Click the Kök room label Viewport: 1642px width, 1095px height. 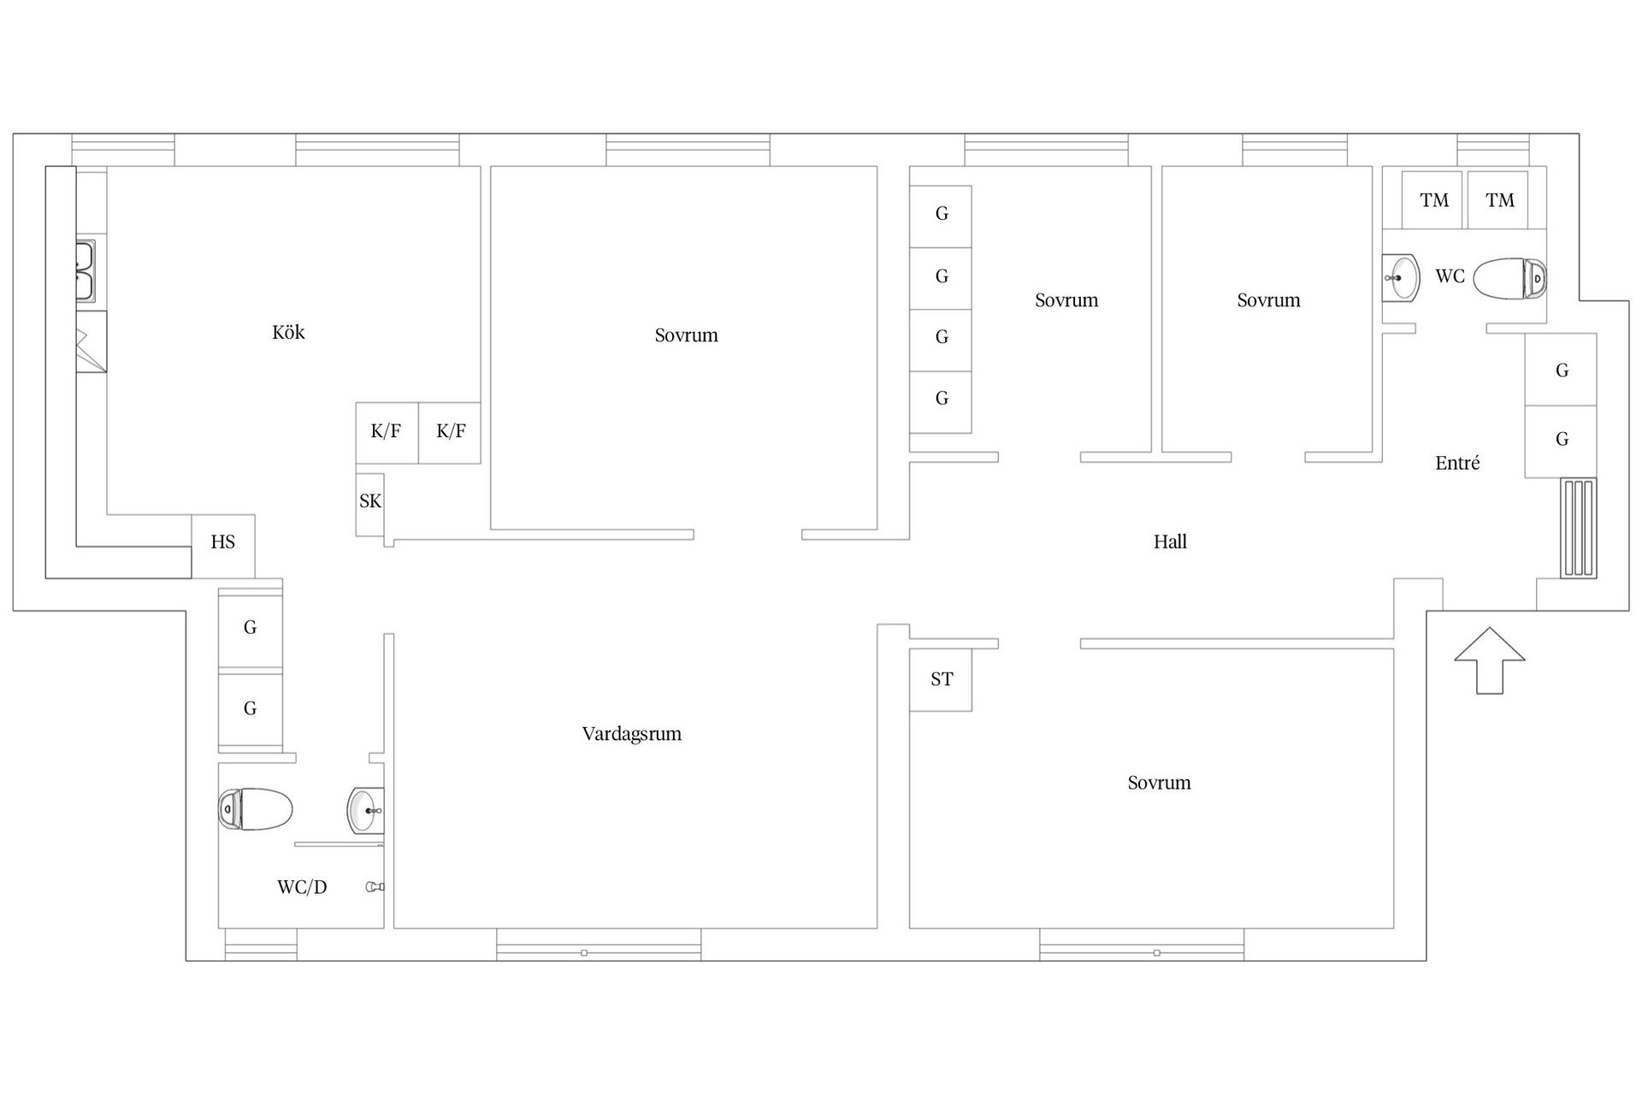[x=288, y=332]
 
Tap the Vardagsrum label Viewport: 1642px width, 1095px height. [x=632, y=734]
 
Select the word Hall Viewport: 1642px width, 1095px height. [x=1170, y=542]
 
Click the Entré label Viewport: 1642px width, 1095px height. [x=1457, y=463]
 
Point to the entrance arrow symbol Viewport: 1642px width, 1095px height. [x=1490, y=660]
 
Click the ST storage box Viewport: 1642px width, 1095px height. [x=941, y=680]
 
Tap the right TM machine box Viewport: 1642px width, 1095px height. [x=1498, y=200]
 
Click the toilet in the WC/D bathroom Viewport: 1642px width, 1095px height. [x=256, y=808]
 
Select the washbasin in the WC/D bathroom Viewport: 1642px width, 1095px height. [x=366, y=809]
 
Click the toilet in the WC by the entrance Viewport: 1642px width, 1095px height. [x=1510, y=278]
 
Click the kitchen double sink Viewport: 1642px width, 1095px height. [x=86, y=271]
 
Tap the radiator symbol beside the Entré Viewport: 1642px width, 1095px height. [x=1579, y=529]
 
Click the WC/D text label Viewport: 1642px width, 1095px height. [x=302, y=887]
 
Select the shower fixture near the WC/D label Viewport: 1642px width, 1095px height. [x=375, y=887]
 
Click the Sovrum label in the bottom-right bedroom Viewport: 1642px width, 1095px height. [x=1159, y=783]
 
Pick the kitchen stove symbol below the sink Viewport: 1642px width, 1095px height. [x=92, y=341]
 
